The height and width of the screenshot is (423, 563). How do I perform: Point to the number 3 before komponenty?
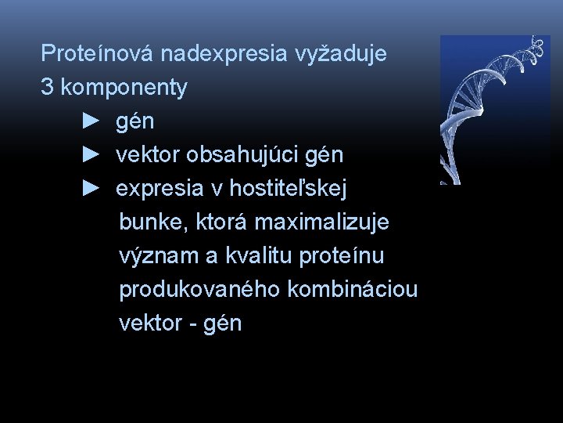click(x=47, y=87)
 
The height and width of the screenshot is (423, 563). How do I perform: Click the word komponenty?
click(x=124, y=87)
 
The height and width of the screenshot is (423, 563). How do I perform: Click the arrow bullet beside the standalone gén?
click(x=91, y=121)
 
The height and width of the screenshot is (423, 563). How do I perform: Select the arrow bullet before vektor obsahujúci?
click(x=91, y=155)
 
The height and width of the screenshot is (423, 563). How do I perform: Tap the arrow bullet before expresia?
click(x=91, y=189)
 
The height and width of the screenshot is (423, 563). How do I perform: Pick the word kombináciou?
click(x=353, y=290)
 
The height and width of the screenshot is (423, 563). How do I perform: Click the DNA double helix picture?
click(x=494, y=110)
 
